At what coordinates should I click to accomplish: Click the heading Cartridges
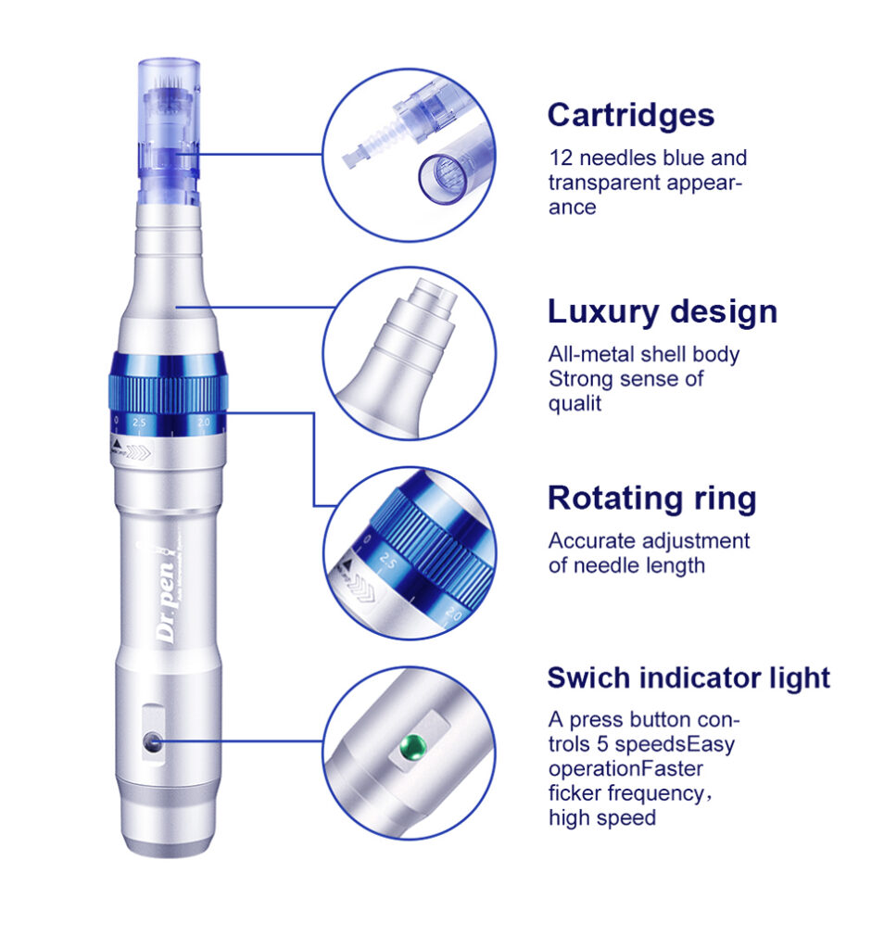[x=630, y=115]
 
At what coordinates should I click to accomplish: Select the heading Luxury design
[x=662, y=311]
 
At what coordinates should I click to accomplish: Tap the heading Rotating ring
[x=651, y=499]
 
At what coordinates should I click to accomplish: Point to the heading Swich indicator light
[x=688, y=677]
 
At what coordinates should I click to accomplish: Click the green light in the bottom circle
[x=414, y=743]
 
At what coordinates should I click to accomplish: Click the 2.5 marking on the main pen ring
[x=140, y=423]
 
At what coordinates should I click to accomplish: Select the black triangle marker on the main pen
[x=116, y=445]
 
